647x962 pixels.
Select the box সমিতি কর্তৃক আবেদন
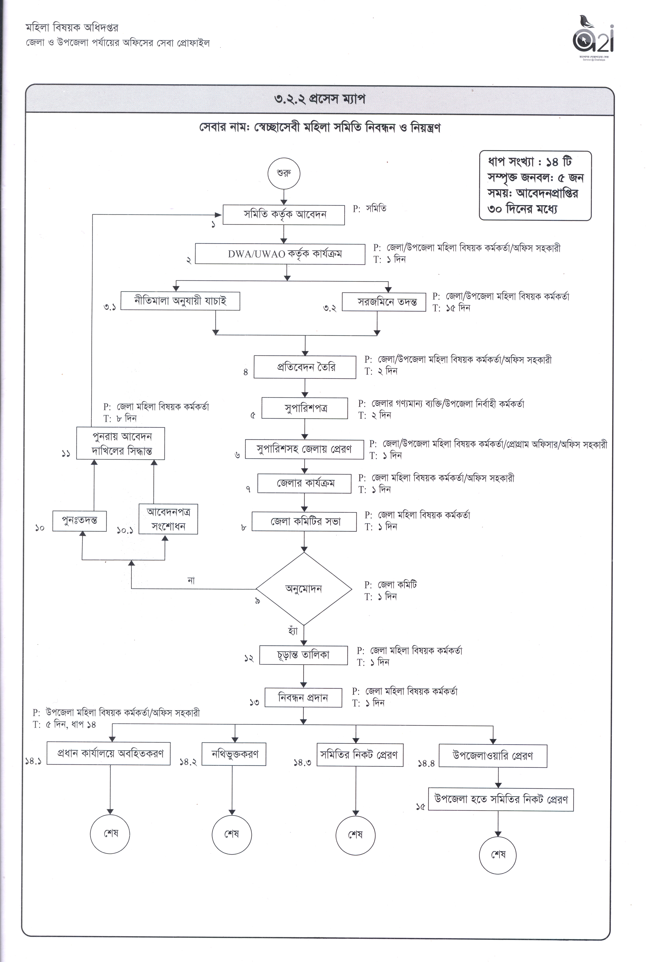[x=284, y=215]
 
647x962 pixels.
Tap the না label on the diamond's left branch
[x=191, y=580]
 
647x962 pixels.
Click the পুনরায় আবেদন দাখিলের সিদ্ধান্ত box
[x=120, y=443]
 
